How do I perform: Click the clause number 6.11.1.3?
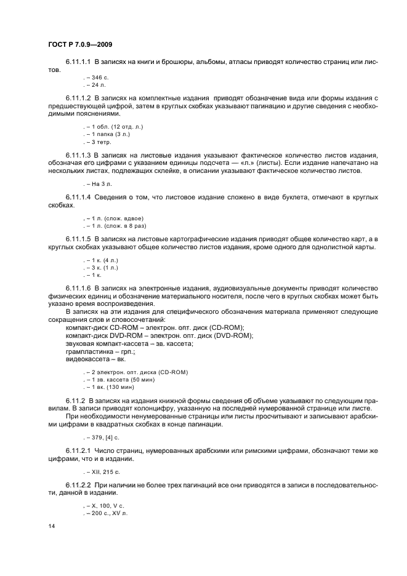coord(78,155)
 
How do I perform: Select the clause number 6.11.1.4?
coord(78,197)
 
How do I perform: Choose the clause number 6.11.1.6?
coord(78,287)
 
